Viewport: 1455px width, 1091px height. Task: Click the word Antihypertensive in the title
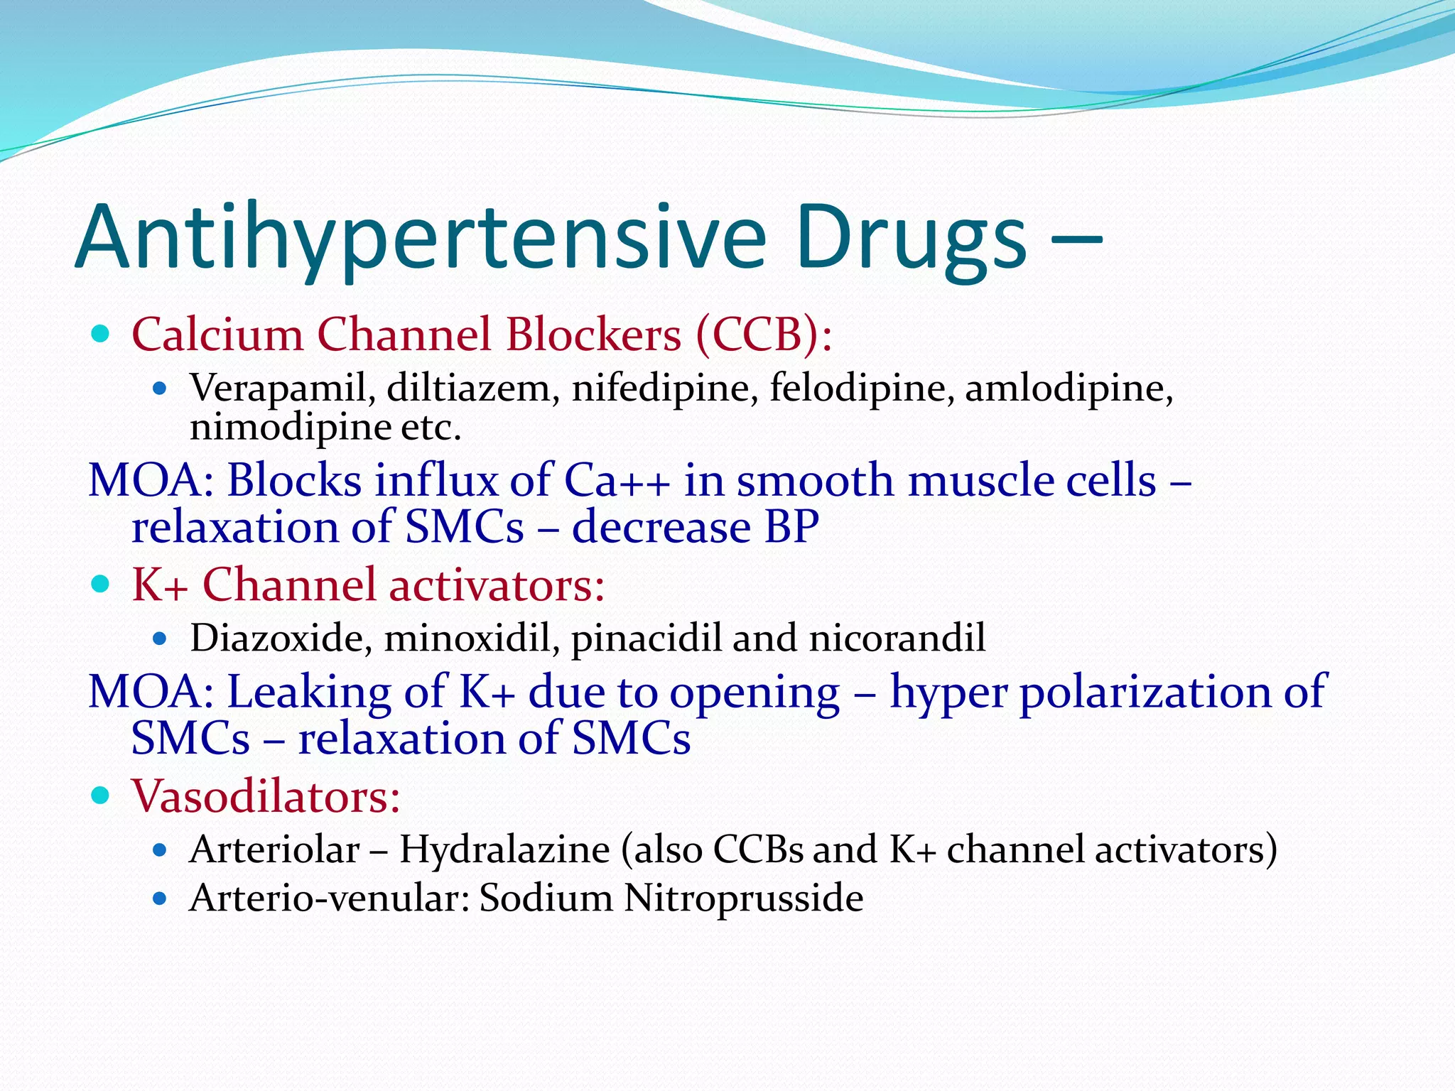coord(419,238)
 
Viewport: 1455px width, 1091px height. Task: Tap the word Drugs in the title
coord(911,238)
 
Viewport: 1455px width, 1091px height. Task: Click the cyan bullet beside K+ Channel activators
coord(101,585)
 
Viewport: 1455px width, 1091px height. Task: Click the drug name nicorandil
coord(897,637)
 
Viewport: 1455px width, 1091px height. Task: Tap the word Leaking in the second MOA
coord(308,692)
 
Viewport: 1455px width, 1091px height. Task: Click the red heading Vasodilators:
coord(266,796)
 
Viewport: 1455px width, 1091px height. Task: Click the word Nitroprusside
coord(744,898)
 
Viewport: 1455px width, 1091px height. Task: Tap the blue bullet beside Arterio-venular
coord(160,899)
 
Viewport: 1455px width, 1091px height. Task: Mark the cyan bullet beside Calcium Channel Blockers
coord(101,333)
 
